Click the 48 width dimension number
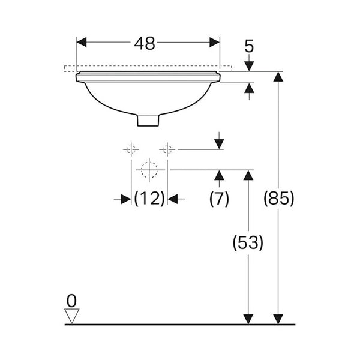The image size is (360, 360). point(145,44)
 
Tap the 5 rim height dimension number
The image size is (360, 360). point(249,46)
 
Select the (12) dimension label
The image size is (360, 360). point(149,199)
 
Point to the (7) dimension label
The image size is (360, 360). point(219,199)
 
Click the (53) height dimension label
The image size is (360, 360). point(248,243)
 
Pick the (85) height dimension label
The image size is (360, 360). point(278,199)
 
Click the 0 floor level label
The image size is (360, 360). point(71,301)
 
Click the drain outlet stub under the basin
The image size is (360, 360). point(148,121)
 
